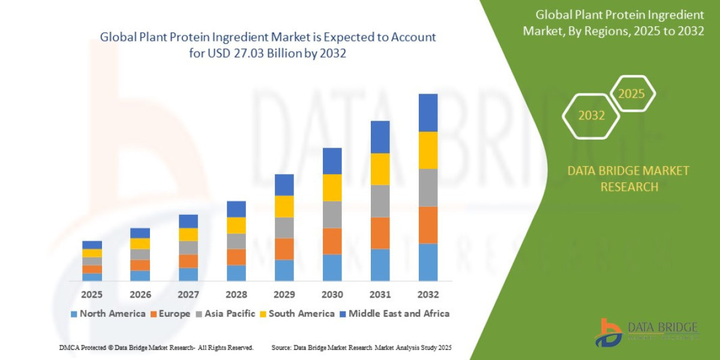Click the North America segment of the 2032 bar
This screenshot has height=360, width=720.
428,262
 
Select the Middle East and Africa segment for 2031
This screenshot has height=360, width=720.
380,137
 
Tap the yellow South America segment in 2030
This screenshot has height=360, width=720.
332,187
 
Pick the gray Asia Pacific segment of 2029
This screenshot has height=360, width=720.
284,227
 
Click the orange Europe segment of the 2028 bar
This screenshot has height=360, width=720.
236,257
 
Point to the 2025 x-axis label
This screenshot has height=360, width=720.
92,295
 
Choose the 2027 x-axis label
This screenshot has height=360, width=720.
188,295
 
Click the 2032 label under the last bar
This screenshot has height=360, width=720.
428,295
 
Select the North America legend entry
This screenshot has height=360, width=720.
107,313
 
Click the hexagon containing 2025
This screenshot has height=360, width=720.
631,94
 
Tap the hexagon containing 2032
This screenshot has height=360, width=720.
591,116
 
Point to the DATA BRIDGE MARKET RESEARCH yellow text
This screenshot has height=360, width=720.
628,179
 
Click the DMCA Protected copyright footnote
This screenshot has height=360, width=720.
156,347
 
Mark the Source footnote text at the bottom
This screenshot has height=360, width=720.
361,347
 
